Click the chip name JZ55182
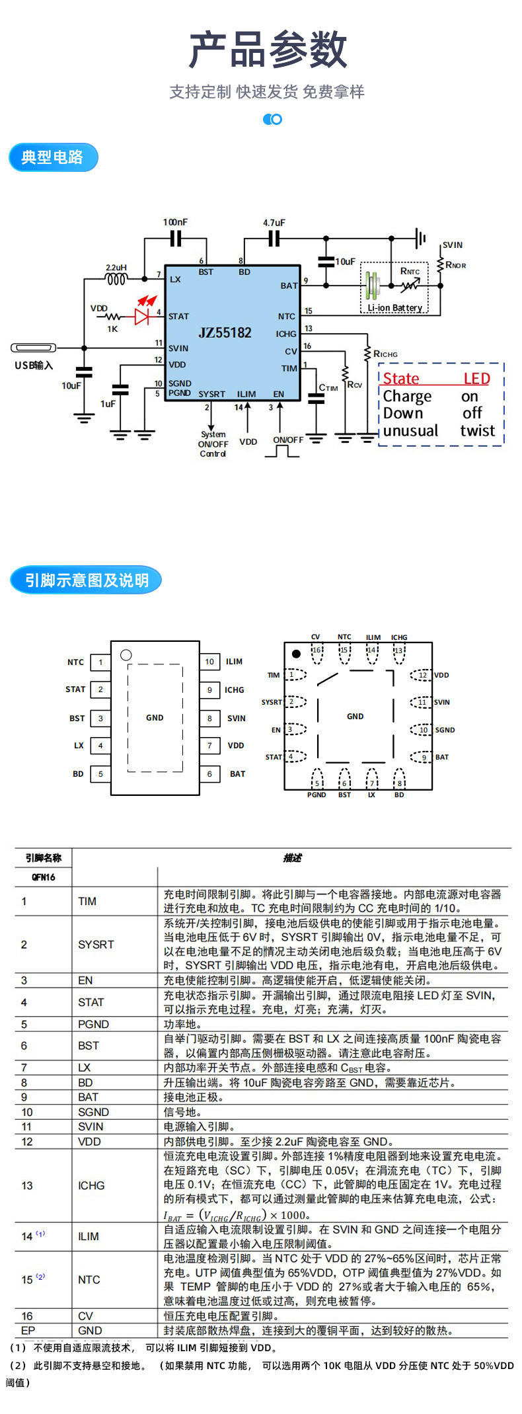point(225,333)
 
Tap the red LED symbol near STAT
point(142,316)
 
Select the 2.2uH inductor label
point(116,268)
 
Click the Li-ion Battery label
point(395,308)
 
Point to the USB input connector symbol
point(33,348)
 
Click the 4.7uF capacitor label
point(274,223)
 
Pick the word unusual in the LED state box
point(410,431)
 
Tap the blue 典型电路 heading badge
point(53,157)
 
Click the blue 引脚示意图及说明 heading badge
point(86,580)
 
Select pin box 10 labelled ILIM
point(209,662)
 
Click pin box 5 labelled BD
point(100,773)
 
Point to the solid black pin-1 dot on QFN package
point(296,654)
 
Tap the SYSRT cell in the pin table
point(96,945)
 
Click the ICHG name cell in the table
point(91,1186)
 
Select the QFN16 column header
point(43,877)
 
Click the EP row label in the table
point(28,1330)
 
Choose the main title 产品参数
point(268,50)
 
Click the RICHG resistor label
point(385,354)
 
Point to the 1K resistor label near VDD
point(112,329)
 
